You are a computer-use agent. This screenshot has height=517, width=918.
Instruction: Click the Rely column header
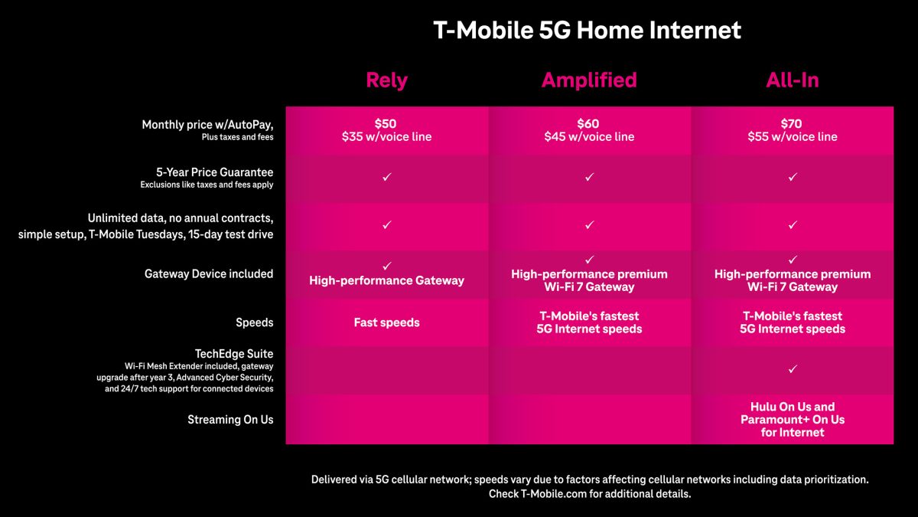point(386,80)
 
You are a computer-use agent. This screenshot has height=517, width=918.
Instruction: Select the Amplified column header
point(589,80)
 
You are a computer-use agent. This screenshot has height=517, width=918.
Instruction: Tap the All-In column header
point(793,80)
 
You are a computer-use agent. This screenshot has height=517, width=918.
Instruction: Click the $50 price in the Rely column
point(386,123)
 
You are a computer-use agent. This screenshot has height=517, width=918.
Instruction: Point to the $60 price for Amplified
point(588,123)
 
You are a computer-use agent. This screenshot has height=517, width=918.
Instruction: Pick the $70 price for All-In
point(791,123)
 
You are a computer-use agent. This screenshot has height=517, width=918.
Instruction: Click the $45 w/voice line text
point(589,136)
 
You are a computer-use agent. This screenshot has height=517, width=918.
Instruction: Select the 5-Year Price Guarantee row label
point(214,172)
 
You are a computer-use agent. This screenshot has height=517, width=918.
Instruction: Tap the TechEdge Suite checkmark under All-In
point(793,369)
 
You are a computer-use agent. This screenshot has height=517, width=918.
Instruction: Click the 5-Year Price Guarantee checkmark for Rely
point(386,177)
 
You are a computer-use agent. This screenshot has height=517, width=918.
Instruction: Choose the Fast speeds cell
point(386,322)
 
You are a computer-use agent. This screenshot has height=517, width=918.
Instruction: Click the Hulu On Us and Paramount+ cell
point(793,420)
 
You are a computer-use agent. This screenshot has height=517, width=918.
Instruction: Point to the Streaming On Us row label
point(230,420)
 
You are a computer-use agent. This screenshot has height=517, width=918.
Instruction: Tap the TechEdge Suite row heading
point(234,354)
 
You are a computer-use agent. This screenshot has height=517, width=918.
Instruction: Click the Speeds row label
point(254,322)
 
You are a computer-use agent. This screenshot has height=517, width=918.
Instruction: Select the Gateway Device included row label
point(209,273)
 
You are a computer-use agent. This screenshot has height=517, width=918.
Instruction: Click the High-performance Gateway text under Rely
point(386,280)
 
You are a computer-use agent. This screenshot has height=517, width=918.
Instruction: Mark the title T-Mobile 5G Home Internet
point(588,30)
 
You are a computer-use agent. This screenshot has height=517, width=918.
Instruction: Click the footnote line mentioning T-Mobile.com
point(590,494)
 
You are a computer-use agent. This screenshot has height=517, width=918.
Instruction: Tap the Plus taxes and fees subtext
point(237,137)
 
